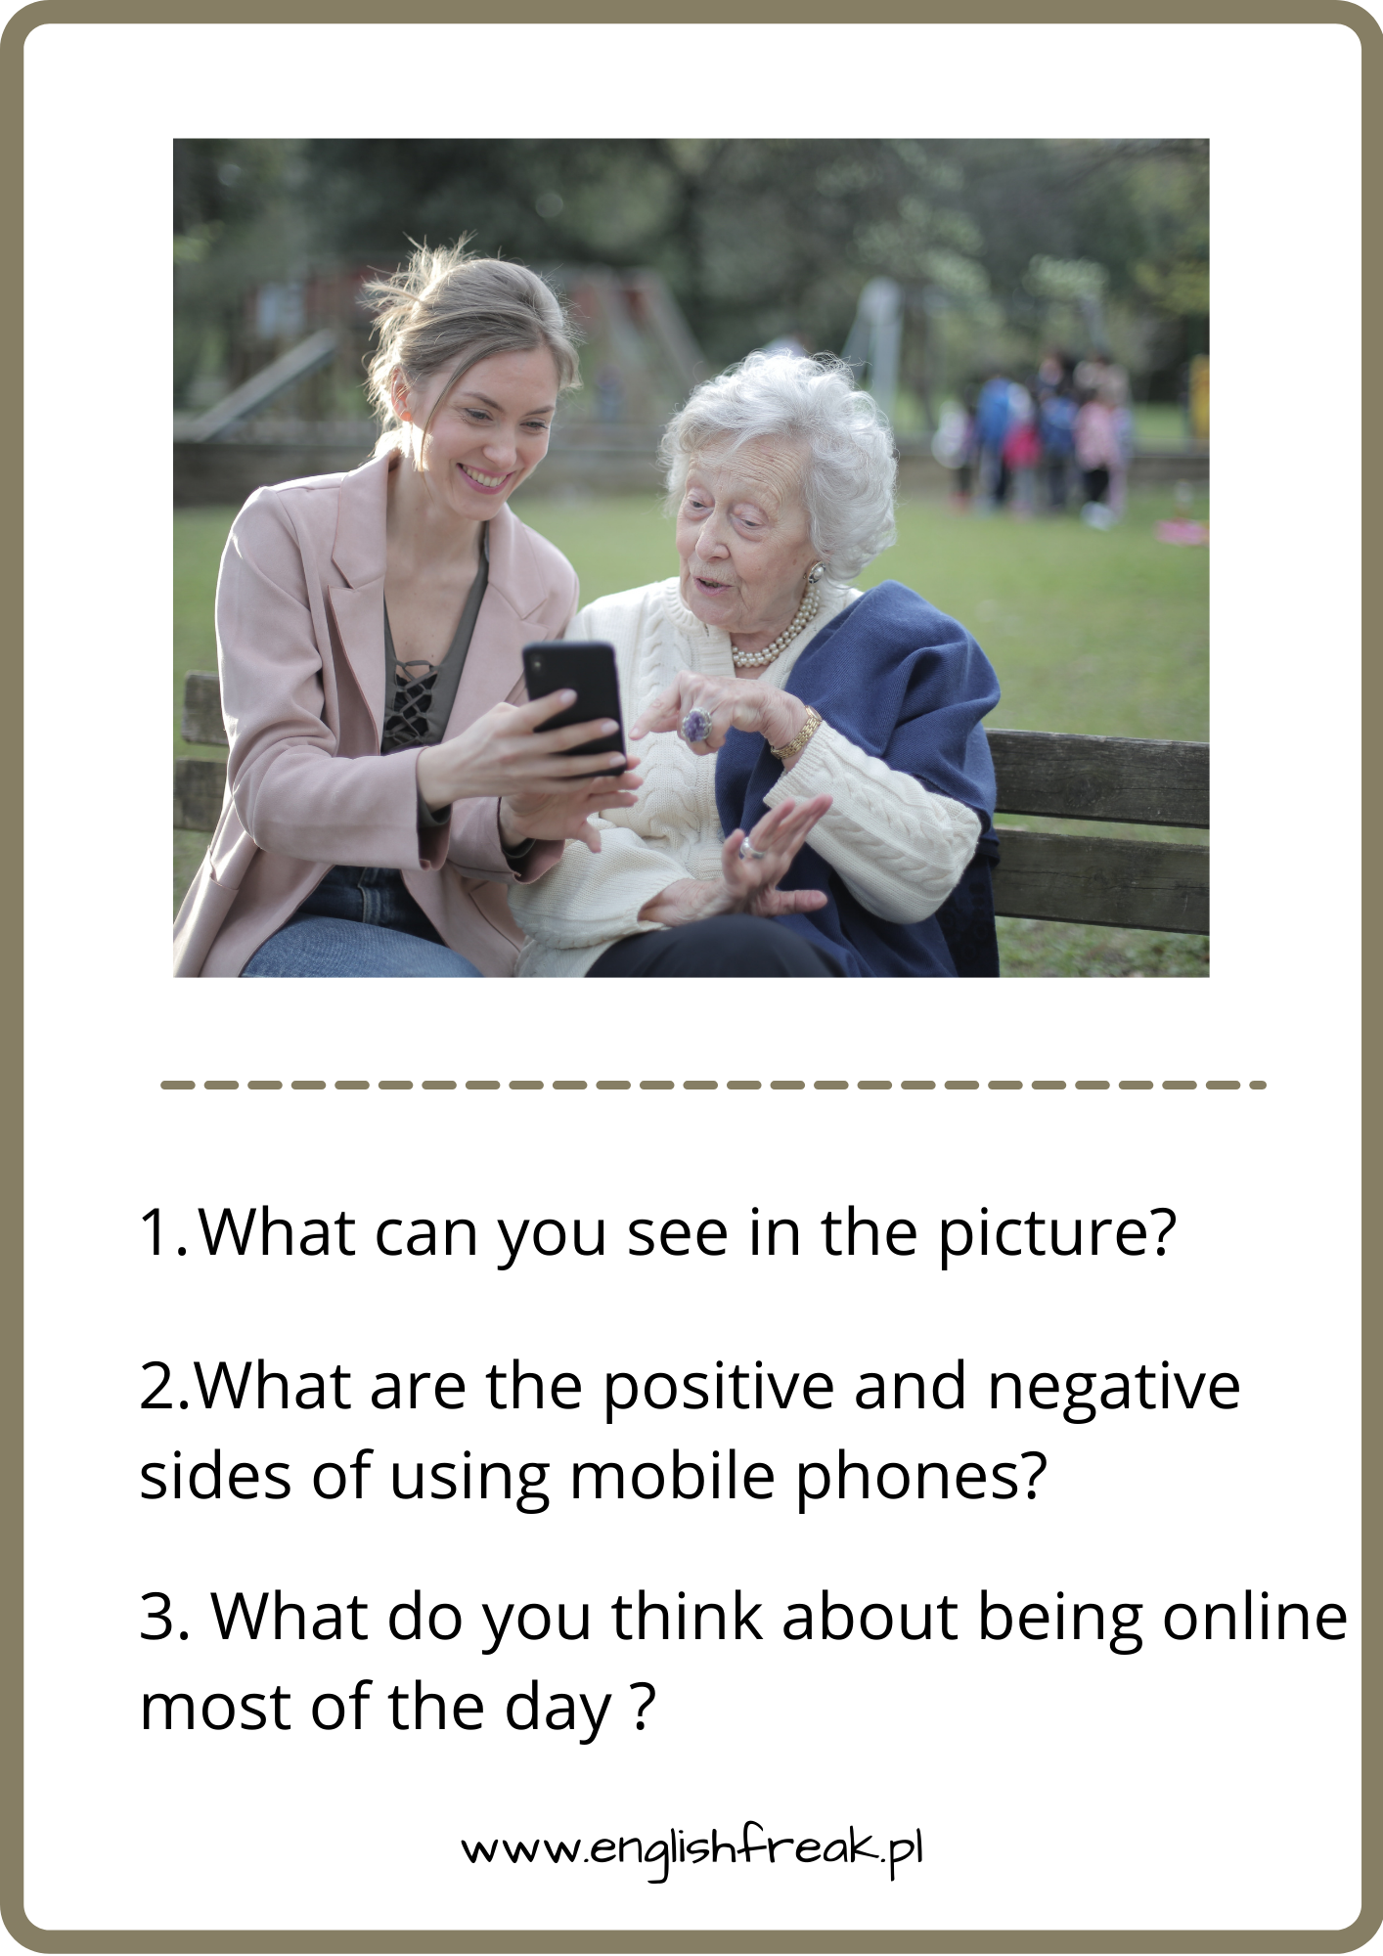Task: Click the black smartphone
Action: point(575,706)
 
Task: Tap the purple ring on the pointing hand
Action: point(696,725)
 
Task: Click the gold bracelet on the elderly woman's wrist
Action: point(796,733)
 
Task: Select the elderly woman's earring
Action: point(814,571)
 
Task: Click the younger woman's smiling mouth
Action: point(486,478)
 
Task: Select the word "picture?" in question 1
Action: point(1057,1234)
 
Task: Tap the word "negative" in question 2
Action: point(1114,1388)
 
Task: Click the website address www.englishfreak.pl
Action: point(692,1847)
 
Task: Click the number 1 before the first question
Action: point(155,1233)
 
